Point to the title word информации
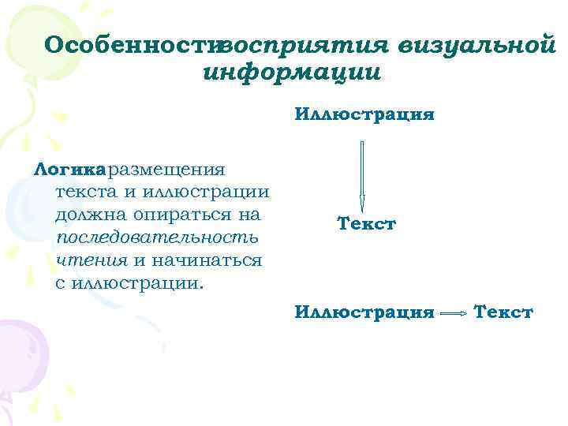pos(291,73)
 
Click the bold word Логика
pos(69,169)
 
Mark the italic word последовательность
pos(158,237)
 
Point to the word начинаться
pos(205,260)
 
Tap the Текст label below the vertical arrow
pos(366,224)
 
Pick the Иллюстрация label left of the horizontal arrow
pos(364,313)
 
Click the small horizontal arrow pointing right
pos(454,314)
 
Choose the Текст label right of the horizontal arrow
pos(503,313)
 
